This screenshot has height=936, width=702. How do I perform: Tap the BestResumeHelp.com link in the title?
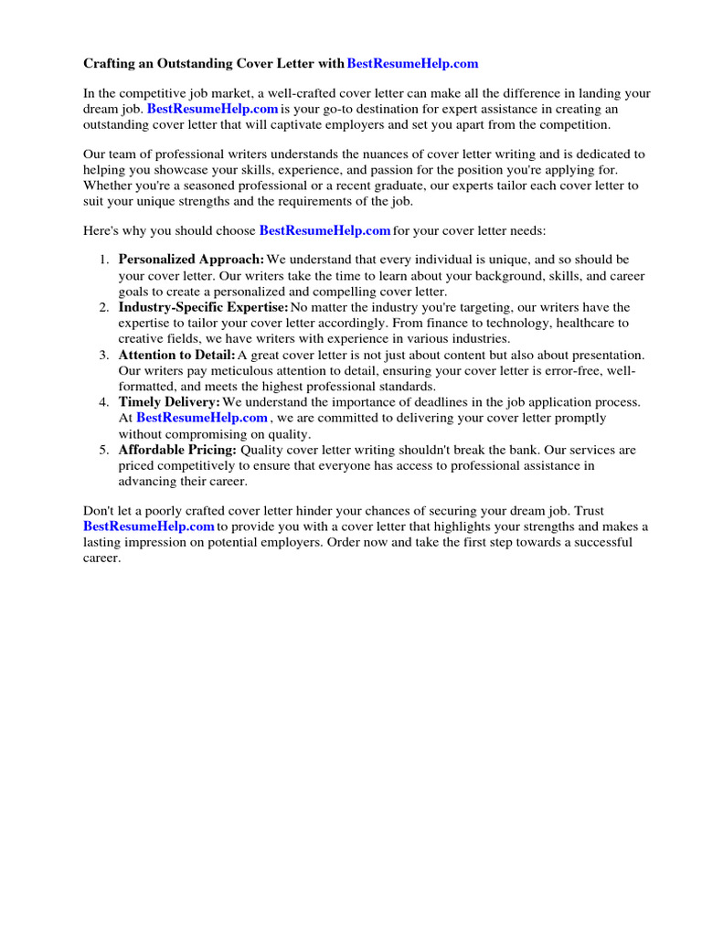click(x=413, y=64)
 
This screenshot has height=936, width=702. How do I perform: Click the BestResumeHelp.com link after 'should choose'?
click(x=325, y=230)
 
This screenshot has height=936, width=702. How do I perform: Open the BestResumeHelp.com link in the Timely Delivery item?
click(x=202, y=418)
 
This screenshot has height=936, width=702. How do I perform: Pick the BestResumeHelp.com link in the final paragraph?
click(x=148, y=526)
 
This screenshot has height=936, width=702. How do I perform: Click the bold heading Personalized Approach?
click(x=191, y=261)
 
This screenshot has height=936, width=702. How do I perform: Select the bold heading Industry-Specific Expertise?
click(x=203, y=308)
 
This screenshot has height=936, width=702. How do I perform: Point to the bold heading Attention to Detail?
click(x=176, y=356)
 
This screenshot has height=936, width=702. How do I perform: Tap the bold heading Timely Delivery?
click(x=169, y=403)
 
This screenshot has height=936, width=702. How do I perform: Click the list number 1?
click(x=104, y=261)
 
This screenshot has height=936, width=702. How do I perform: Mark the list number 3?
click(x=104, y=356)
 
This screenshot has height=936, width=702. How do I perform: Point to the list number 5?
click(x=104, y=451)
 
